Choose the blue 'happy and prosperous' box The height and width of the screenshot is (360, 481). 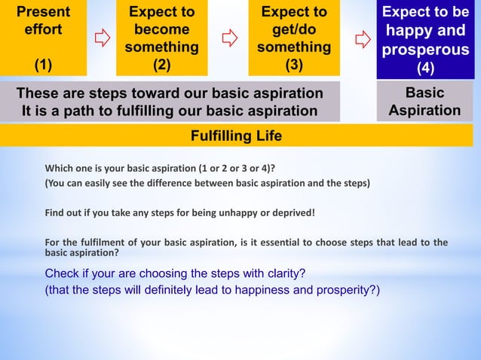click(425, 39)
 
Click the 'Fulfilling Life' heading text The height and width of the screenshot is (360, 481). click(237, 136)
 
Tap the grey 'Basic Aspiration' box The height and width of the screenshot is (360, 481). click(424, 102)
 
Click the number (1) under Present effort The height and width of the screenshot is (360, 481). click(43, 65)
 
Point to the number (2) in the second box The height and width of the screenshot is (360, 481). click(161, 65)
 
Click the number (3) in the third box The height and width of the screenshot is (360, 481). click(293, 65)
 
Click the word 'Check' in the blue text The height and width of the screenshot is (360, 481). click(63, 273)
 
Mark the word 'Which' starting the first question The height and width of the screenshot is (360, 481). click(60, 167)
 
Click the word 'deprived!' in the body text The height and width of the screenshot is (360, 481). click(293, 212)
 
